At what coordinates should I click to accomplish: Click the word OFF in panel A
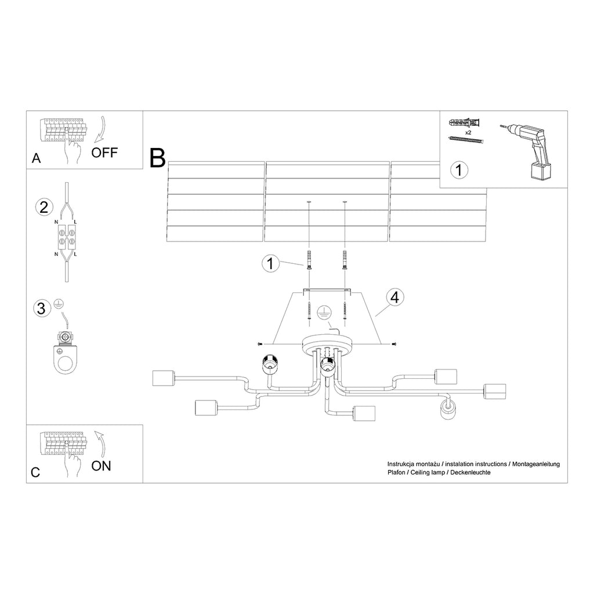(x=104, y=153)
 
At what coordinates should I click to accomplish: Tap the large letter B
(x=157, y=158)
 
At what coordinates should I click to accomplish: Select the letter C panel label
(x=35, y=472)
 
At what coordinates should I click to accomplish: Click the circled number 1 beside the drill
(x=459, y=170)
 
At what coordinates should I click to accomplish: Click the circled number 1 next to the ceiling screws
(x=269, y=264)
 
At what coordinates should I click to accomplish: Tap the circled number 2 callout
(x=44, y=207)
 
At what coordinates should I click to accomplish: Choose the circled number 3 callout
(x=41, y=308)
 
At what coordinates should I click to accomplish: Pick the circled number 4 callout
(x=394, y=298)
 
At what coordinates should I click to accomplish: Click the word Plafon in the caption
(x=397, y=473)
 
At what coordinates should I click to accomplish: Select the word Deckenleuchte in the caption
(x=470, y=473)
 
